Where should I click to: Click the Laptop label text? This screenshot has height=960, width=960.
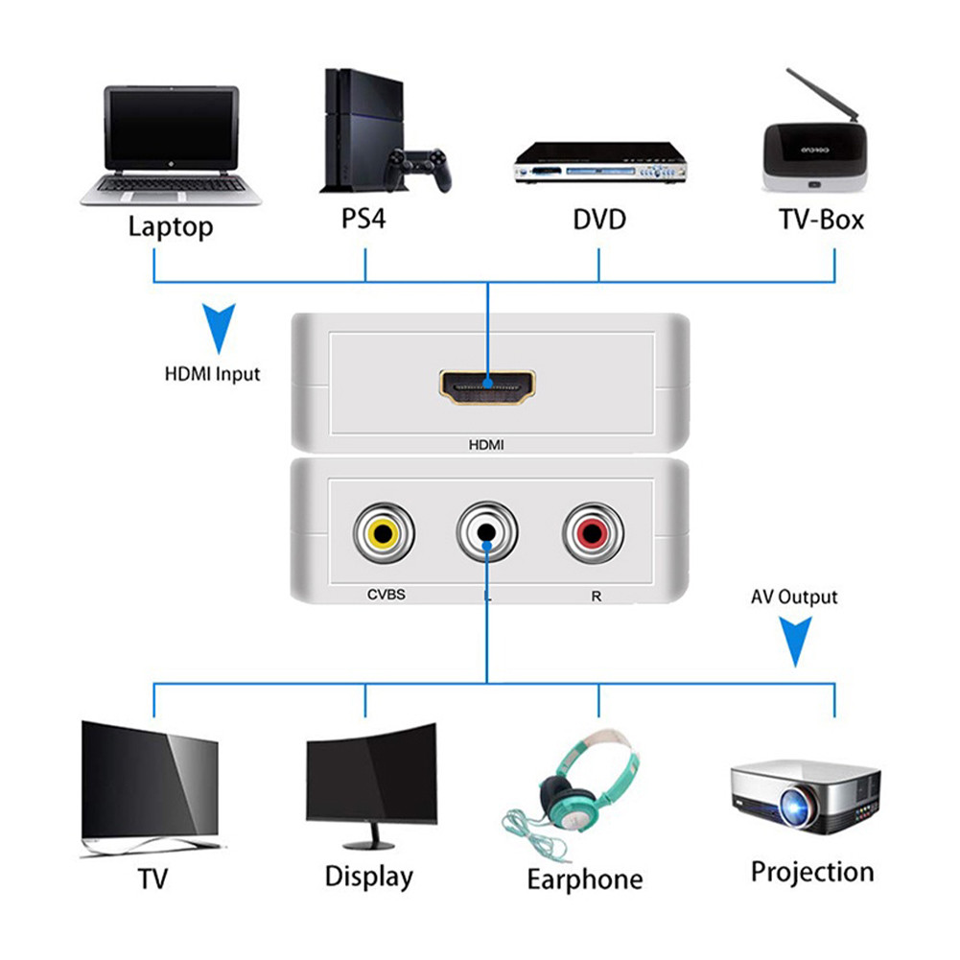171,227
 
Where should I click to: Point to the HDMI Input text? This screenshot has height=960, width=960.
212,373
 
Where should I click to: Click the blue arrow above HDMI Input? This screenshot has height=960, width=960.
219,327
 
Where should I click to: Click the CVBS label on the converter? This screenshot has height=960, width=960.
386,595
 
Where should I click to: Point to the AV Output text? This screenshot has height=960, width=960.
794,597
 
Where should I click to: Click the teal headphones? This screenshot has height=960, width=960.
585,782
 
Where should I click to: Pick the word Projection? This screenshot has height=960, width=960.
812,872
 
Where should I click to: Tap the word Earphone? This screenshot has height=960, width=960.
585,879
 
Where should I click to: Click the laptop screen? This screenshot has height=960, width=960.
171,128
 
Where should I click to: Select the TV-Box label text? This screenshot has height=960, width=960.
821,220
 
